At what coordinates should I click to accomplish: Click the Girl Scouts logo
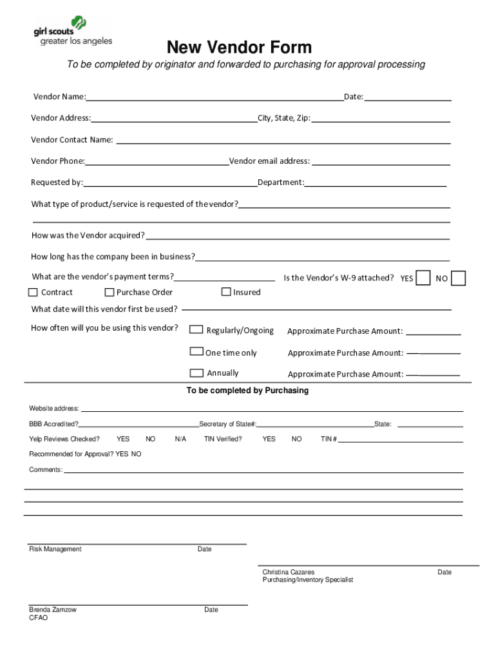click(x=72, y=31)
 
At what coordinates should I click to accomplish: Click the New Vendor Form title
click(x=239, y=47)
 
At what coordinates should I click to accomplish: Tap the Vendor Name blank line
click(x=215, y=99)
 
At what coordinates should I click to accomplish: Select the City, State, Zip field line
click(x=381, y=120)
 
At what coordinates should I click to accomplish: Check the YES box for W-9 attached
click(x=423, y=278)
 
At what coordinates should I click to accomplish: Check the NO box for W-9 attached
click(x=458, y=278)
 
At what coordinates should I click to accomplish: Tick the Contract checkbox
click(x=33, y=292)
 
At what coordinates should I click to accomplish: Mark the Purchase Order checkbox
click(x=109, y=292)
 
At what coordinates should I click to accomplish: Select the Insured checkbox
click(x=226, y=291)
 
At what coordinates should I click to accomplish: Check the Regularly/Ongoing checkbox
click(x=196, y=330)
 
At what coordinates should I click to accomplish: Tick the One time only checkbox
click(x=196, y=351)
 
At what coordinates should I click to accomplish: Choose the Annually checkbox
click(x=196, y=373)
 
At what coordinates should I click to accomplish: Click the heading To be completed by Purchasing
click(x=247, y=391)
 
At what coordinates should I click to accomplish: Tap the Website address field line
click(x=271, y=410)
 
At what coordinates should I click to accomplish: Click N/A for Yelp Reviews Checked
click(x=180, y=439)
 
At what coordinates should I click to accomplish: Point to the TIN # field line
click(x=400, y=441)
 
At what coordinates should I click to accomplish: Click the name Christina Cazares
click(x=288, y=572)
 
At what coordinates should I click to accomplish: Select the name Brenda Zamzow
click(x=52, y=610)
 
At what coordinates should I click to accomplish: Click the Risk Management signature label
click(x=55, y=549)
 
